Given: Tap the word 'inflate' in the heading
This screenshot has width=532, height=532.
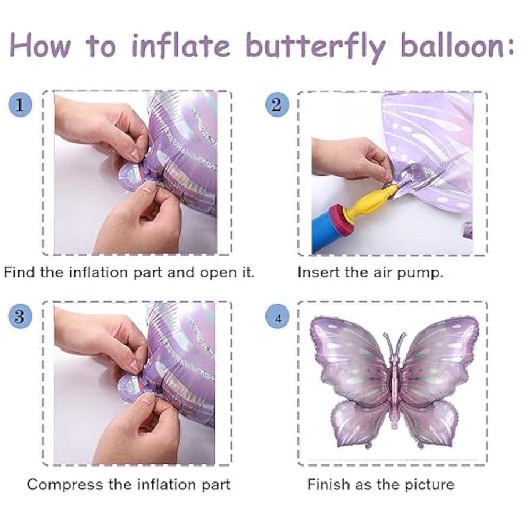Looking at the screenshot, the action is coord(181,45).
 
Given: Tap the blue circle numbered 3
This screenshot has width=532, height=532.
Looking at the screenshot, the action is coord(20,316).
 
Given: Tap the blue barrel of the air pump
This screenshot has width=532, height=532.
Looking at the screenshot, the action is coord(327,231).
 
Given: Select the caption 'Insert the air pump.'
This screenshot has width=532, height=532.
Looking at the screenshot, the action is coord(370,273).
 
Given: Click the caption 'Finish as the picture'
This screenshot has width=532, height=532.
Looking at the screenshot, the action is coord(381,485).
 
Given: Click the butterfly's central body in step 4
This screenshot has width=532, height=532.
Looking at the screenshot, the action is coord(394,390).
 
